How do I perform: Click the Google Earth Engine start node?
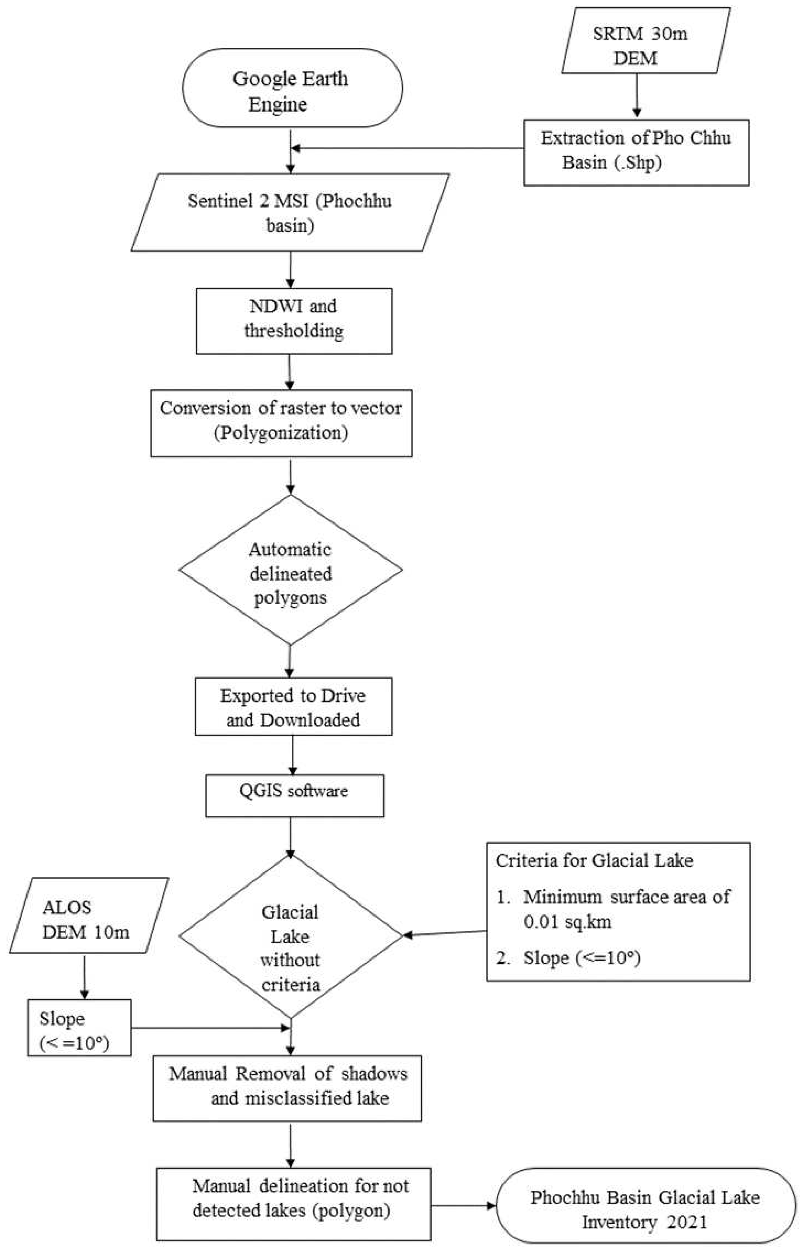pyautogui.click(x=292, y=88)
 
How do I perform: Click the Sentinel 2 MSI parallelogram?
pyautogui.click(x=290, y=212)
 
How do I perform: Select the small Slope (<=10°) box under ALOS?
pyautogui.click(x=79, y=1028)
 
